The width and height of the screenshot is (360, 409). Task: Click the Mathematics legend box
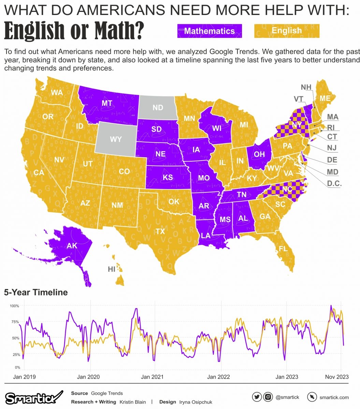pos(210,31)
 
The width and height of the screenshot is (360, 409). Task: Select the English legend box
pos(287,31)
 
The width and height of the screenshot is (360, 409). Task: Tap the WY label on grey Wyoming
pos(115,140)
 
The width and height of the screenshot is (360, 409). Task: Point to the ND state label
pos(158,108)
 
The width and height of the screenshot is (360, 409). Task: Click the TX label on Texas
pos(160,232)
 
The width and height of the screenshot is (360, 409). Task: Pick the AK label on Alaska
pos(72,245)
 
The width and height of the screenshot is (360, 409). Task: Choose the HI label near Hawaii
pos(112,269)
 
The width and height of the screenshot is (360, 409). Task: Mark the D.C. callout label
pos(334,183)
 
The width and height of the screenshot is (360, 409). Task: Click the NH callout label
pos(306,87)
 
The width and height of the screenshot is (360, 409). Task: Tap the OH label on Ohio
pos(259,154)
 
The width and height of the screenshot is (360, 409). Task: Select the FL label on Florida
pos(283,248)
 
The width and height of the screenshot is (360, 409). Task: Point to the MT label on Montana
pos(107,103)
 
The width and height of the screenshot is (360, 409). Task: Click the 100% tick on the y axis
pos(14,306)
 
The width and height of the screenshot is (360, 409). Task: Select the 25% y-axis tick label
pos(16,355)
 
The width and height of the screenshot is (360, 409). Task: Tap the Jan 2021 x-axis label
pos(152,377)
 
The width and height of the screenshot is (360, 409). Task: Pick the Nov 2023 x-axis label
pos(337,377)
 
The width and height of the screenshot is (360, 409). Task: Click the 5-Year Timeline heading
pos(36,292)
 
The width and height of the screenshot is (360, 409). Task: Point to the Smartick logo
pos(33,397)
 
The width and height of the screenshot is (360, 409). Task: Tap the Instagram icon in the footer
pos(268,397)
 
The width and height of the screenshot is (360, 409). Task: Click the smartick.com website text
pos(334,397)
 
